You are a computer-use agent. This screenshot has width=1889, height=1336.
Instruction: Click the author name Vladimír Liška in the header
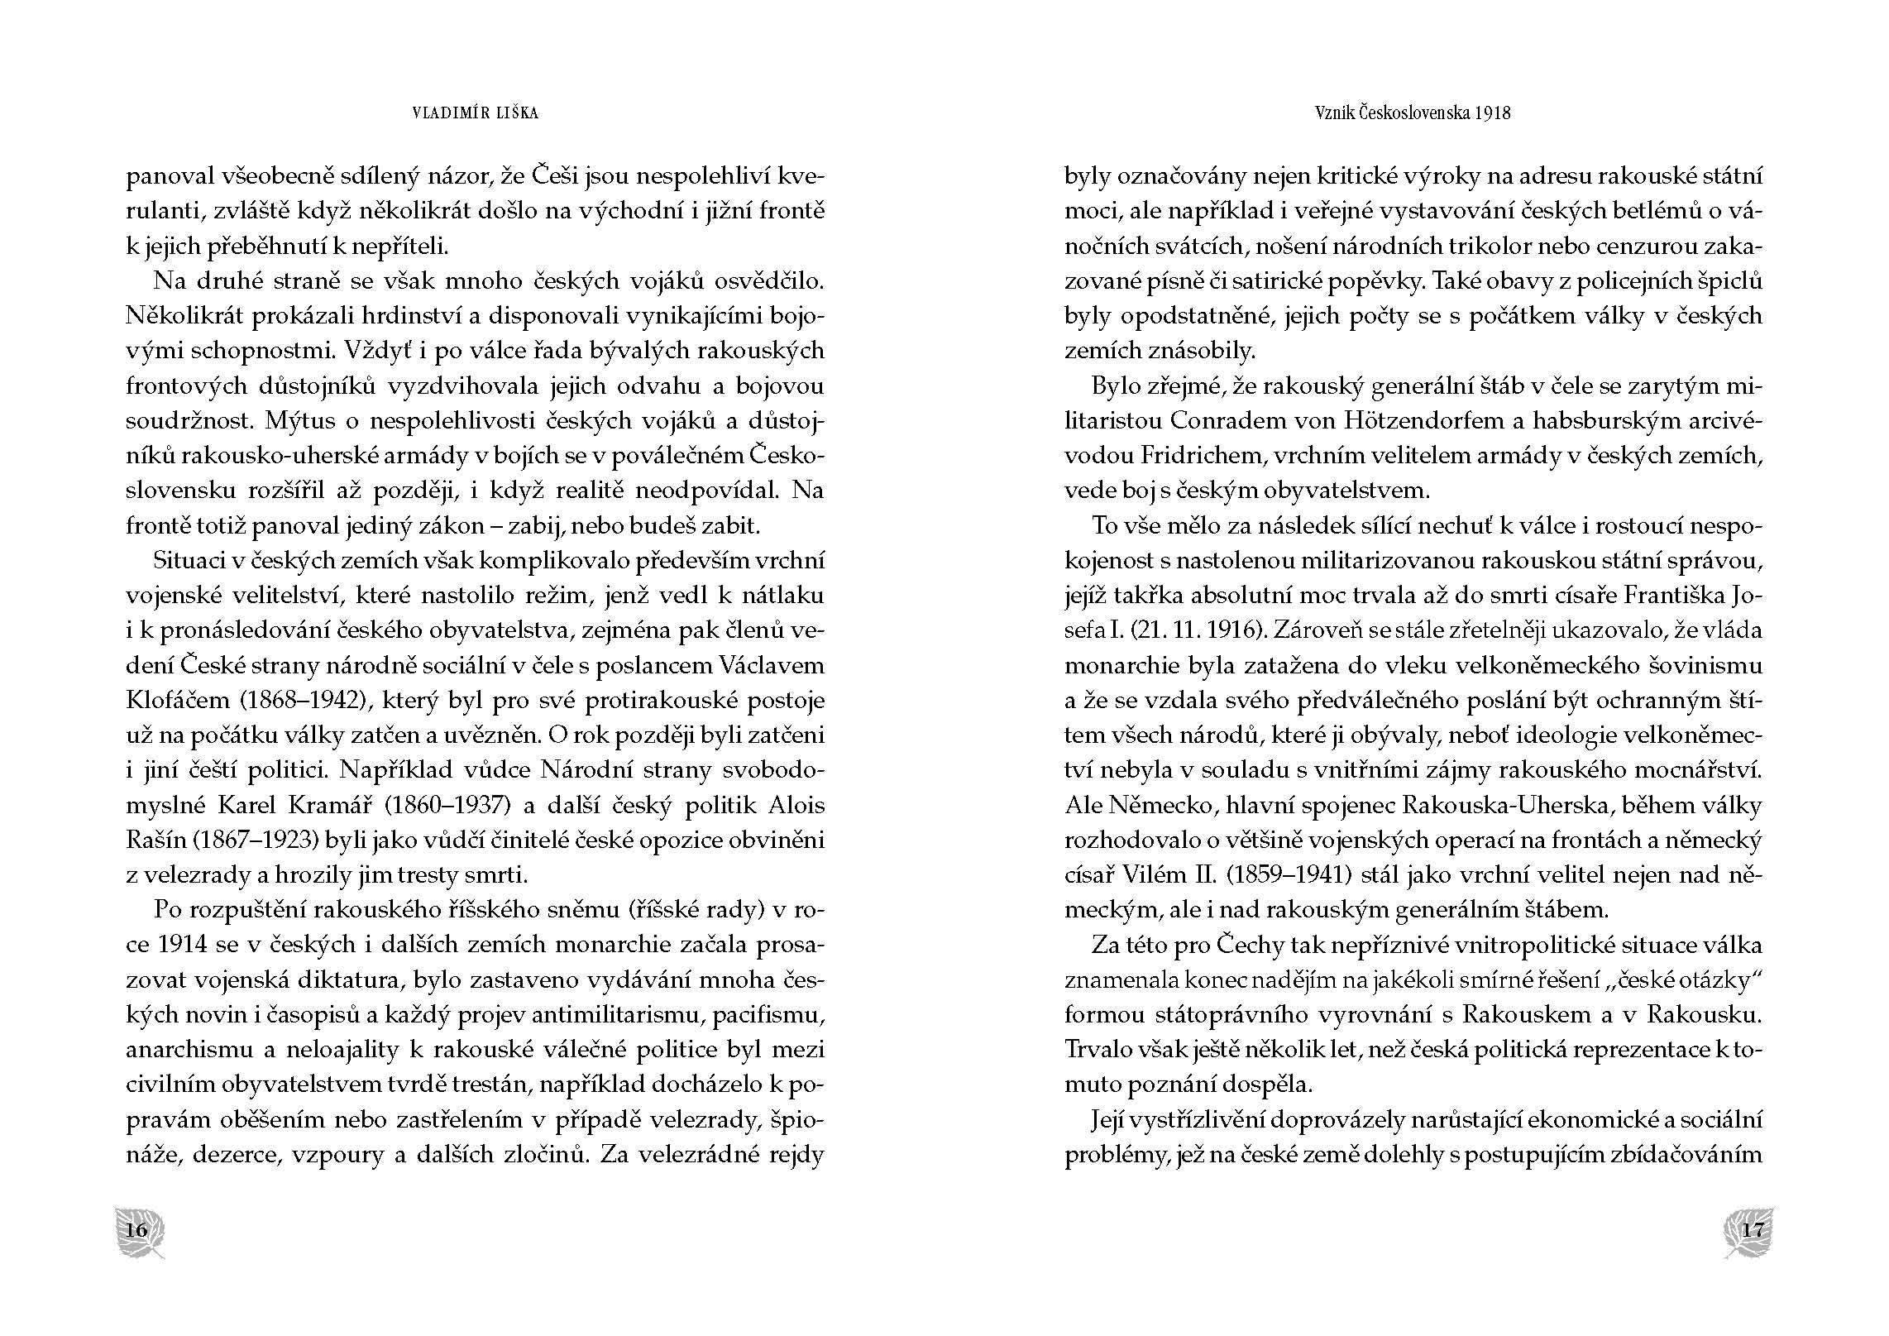pos(475,113)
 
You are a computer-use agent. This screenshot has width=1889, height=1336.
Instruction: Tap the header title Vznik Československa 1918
pos(1413,113)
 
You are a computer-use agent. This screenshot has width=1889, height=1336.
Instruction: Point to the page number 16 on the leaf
pos(136,1229)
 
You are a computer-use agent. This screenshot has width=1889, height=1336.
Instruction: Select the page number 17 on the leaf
pos(1752,1229)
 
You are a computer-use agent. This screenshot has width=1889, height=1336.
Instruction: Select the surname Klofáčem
pos(177,701)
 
